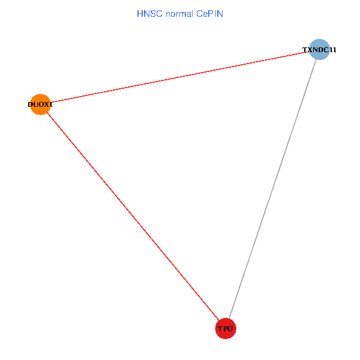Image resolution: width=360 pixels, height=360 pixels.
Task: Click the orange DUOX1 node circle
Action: pos(40,104)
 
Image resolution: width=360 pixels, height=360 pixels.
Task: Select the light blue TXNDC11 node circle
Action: pos(320,50)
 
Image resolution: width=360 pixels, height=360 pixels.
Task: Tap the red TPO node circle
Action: pos(226,328)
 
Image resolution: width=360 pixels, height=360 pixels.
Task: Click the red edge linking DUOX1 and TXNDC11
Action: pos(180,77)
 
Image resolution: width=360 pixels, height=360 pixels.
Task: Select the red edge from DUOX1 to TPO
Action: pos(132,215)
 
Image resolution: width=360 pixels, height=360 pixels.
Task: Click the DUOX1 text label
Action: pos(40,104)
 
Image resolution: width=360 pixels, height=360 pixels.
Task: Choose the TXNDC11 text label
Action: pos(319,50)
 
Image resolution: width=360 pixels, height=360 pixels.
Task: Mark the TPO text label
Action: pos(226,329)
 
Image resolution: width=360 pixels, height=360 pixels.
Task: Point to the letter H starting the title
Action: pos(140,13)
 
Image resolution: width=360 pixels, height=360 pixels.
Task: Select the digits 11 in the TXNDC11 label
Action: pos(333,50)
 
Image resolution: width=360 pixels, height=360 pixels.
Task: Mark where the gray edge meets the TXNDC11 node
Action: pos(316,60)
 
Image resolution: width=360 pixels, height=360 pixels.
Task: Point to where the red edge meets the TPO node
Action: pos(219,320)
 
